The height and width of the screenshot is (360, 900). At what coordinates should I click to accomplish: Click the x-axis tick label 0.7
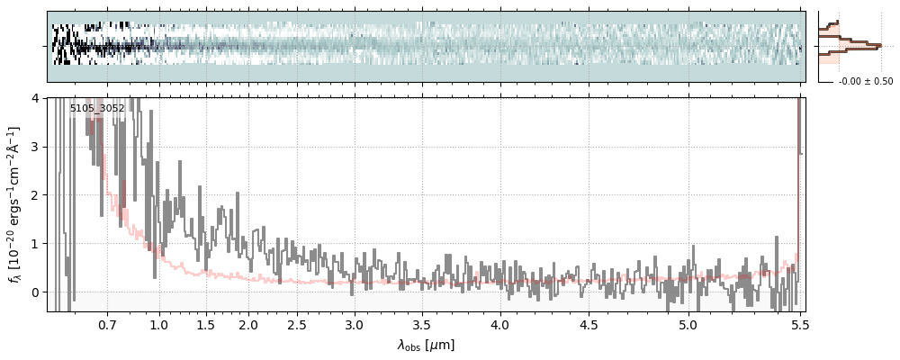point(107,324)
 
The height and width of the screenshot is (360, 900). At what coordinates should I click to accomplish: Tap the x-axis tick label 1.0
point(159,324)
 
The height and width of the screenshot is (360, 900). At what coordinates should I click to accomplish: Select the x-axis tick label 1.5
point(205,324)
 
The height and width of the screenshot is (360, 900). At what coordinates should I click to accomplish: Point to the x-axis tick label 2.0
point(248,324)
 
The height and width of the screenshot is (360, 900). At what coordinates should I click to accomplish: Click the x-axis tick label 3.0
point(355,324)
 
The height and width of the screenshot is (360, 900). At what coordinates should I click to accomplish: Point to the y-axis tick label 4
point(36,97)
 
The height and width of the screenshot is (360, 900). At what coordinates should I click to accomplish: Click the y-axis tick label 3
point(36,146)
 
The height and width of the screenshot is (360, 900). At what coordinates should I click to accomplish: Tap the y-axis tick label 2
point(36,194)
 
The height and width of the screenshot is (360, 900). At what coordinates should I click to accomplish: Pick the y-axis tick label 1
point(36,243)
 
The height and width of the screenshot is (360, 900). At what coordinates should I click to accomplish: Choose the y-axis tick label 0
point(36,292)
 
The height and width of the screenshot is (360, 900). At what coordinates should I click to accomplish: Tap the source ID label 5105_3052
point(97,109)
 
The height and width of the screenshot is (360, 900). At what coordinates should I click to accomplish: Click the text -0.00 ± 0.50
point(866,82)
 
